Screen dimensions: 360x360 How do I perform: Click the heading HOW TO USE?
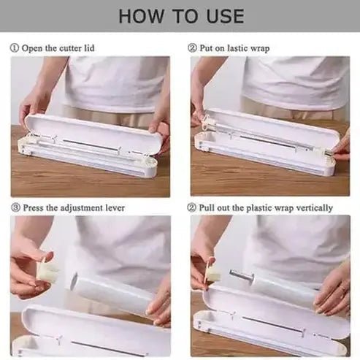tap(180, 16)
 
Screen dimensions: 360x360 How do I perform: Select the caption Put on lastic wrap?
tap(229, 48)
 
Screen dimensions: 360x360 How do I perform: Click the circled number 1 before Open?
tap(15, 48)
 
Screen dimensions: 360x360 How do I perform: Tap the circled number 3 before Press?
tap(15, 207)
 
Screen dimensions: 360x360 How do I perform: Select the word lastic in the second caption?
tap(237, 48)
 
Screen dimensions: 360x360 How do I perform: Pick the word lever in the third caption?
tap(114, 207)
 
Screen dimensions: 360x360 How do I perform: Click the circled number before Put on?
tap(192, 48)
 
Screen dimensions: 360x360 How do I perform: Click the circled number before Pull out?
tap(192, 207)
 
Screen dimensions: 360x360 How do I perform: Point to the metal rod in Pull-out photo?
tap(241, 276)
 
